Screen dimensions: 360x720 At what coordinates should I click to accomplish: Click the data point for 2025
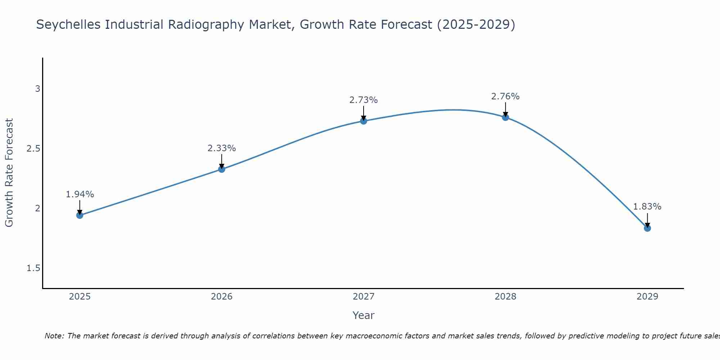[80, 215]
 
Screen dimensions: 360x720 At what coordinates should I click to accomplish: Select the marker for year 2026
[222, 169]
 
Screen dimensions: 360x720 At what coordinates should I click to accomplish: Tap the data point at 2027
[364, 121]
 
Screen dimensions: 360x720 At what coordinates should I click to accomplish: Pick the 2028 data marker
[505, 117]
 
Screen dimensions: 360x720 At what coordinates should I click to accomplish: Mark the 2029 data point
[647, 228]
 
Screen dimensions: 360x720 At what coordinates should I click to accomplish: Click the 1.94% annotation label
[80, 194]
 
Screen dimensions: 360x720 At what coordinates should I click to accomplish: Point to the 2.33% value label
[222, 148]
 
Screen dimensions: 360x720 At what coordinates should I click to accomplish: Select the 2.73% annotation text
[364, 100]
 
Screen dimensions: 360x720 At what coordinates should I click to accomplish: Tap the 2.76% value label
[505, 96]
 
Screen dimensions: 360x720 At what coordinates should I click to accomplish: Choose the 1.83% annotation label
[647, 207]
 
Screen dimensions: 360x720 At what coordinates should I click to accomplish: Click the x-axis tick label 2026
[222, 297]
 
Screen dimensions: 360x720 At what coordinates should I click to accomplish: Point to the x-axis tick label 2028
[505, 297]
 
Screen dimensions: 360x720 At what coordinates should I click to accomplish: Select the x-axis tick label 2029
[647, 297]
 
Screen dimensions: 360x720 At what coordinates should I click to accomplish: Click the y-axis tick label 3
[37, 89]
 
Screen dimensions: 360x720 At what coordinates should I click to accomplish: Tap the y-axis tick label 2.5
[33, 148]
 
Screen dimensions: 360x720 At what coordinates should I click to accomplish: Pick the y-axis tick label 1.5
[33, 268]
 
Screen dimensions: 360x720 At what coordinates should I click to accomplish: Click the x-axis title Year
[364, 315]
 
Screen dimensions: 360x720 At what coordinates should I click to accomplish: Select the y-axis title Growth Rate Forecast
[9, 173]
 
